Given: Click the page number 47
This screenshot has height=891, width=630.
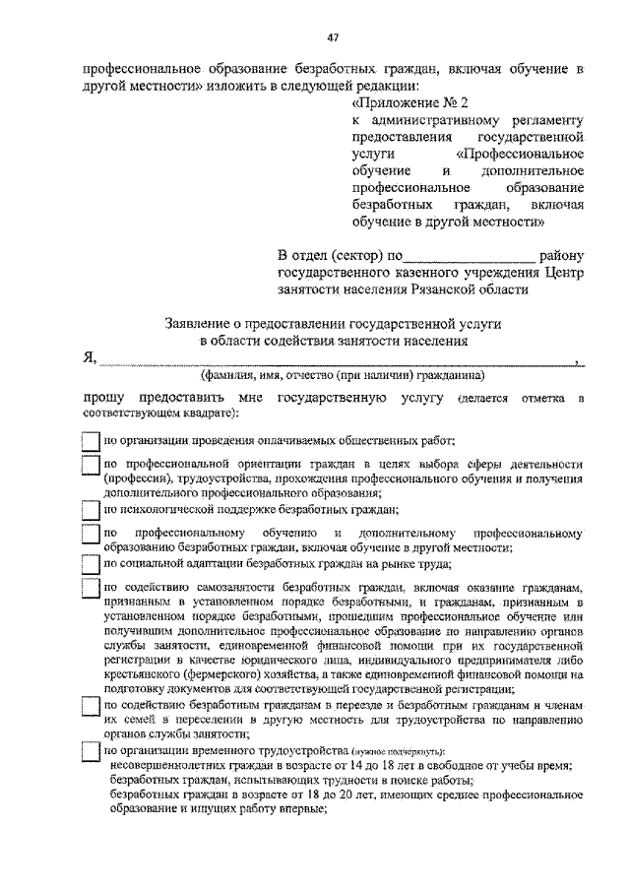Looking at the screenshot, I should [333, 38].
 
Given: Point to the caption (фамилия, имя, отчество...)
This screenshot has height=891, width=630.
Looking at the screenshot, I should [342, 375].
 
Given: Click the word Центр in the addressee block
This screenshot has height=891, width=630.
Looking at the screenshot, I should [565, 272].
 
